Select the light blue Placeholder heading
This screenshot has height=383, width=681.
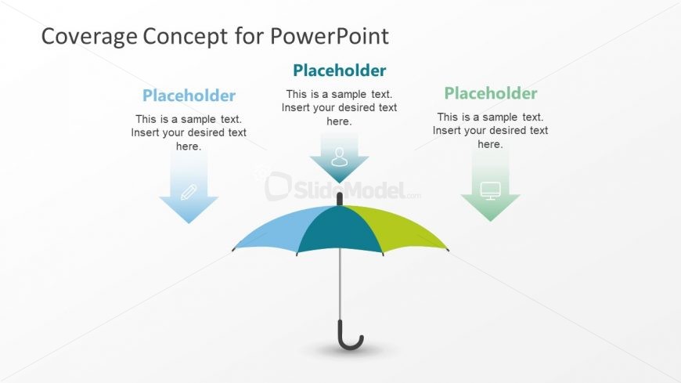pos(189,96)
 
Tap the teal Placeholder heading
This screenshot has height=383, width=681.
pos(339,70)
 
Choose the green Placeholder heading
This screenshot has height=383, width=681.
pos(491,93)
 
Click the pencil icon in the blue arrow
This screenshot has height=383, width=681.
pos(189,192)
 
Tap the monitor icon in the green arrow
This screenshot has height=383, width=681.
pos(491,190)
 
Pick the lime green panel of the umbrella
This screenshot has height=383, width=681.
pos(399,229)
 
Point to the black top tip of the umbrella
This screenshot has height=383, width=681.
pos(340,199)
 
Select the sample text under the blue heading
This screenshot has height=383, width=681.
pos(189,132)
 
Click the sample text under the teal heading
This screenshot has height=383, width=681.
pos(339,108)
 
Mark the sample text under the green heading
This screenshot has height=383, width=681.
pos(491,131)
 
